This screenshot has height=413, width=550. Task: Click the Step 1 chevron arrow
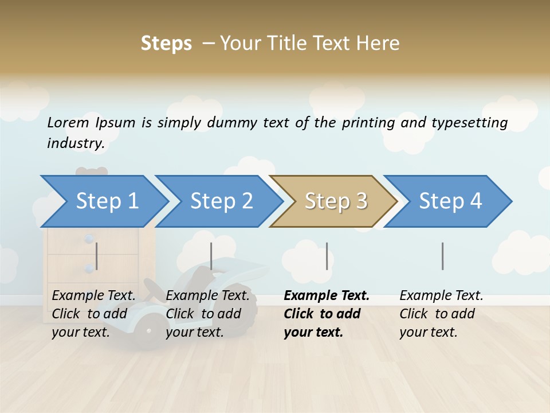coord(107,201)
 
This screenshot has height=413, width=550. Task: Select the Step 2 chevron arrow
coord(221,201)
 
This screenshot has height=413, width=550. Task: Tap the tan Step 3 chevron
coord(336,201)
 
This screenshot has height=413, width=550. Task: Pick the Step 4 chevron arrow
coord(450,201)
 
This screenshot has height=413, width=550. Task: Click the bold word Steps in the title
coord(166,44)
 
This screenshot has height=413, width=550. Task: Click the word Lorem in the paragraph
coord(68,123)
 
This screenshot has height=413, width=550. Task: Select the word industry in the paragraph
coord(76,143)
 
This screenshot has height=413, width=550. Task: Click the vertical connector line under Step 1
coord(97,256)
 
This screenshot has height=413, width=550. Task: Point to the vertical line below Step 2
coord(211,256)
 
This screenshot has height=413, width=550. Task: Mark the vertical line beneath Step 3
coord(327,256)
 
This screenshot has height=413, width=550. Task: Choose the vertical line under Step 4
coord(443,256)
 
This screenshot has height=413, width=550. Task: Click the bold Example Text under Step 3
coord(327,296)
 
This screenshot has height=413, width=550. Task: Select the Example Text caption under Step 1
coord(93,296)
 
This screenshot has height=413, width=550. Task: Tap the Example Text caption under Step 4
coord(441,296)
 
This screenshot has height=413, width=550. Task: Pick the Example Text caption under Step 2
coord(207,296)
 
